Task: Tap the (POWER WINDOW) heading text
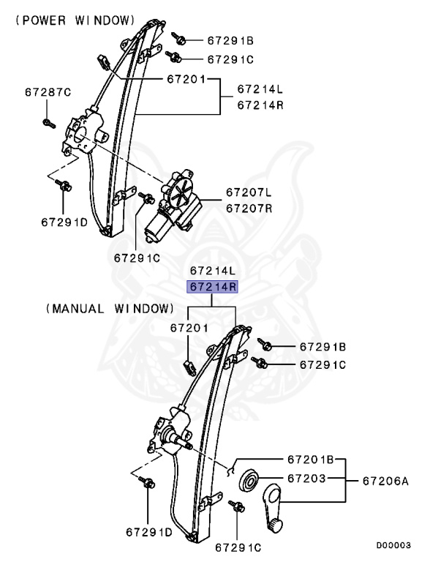(75, 20)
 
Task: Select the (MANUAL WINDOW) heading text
(110, 309)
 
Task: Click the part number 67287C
(48, 92)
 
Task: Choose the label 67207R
(248, 208)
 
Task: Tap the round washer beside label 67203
(249, 479)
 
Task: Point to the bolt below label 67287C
(48, 121)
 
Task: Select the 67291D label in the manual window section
(149, 531)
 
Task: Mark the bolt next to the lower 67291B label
(266, 345)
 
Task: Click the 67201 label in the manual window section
(190, 329)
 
